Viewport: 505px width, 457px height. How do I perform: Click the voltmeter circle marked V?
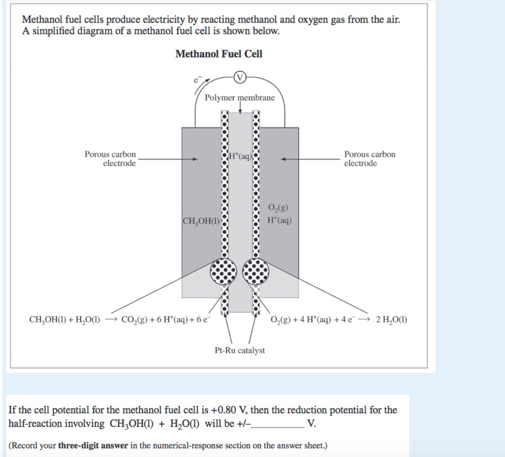tap(240, 77)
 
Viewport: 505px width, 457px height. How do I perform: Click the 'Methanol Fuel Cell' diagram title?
tap(219, 54)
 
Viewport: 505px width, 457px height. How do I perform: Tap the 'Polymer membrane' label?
tap(240, 98)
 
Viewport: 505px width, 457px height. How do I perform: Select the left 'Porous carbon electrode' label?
tap(110, 159)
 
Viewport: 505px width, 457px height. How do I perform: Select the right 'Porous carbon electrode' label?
tap(369, 159)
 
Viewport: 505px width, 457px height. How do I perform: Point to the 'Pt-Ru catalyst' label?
tap(240, 351)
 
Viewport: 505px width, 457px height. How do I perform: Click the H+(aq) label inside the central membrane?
tap(241, 157)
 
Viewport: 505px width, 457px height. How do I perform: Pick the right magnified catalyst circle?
tap(256, 271)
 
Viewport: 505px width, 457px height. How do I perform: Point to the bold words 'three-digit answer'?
tap(93, 446)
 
